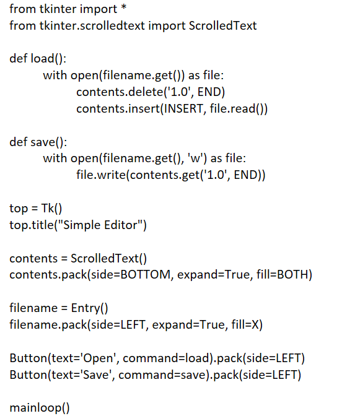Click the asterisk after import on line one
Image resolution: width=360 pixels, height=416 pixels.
click(124, 7)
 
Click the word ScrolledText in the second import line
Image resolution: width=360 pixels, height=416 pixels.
click(222, 26)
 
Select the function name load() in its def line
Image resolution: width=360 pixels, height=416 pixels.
click(47, 58)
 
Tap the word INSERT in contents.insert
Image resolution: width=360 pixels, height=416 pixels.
click(183, 108)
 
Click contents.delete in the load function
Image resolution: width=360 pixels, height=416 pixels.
click(120, 92)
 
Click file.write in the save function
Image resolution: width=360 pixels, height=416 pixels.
click(101, 175)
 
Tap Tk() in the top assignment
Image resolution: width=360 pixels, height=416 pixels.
click(51, 208)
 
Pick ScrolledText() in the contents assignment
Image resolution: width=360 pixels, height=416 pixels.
click(108, 258)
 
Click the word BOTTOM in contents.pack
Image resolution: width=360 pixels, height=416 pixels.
click(146, 275)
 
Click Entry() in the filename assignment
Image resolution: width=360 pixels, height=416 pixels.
click(89, 308)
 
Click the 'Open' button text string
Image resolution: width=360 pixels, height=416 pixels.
click(98, 358)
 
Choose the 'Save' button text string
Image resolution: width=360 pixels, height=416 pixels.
click(95, 375)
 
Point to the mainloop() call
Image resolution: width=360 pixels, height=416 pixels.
click(40, 407)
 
